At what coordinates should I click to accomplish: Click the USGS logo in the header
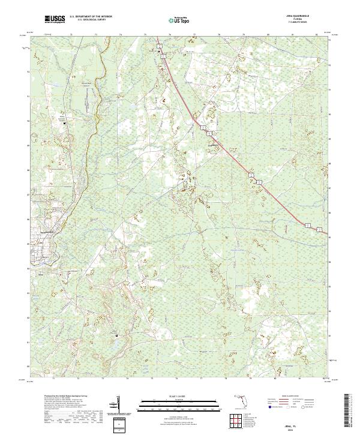[55, 19]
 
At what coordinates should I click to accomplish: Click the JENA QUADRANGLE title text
[305, 16]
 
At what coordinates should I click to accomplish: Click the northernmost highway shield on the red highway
[160, 46]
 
